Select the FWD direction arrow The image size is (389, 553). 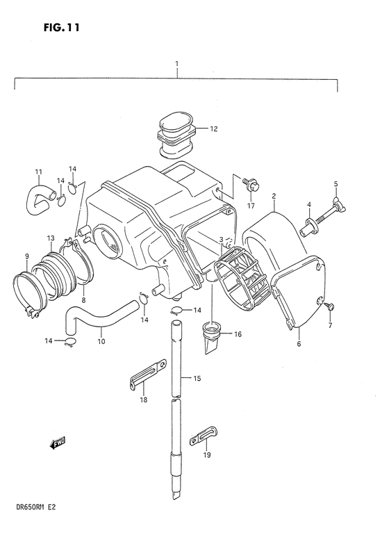[57, 443]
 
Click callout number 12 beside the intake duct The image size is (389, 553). [214, 129]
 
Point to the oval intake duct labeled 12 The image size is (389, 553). [176, 135]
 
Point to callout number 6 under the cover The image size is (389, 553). [299, 343]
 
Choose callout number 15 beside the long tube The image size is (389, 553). [197, 378]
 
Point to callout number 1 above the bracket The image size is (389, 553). [177, 63]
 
